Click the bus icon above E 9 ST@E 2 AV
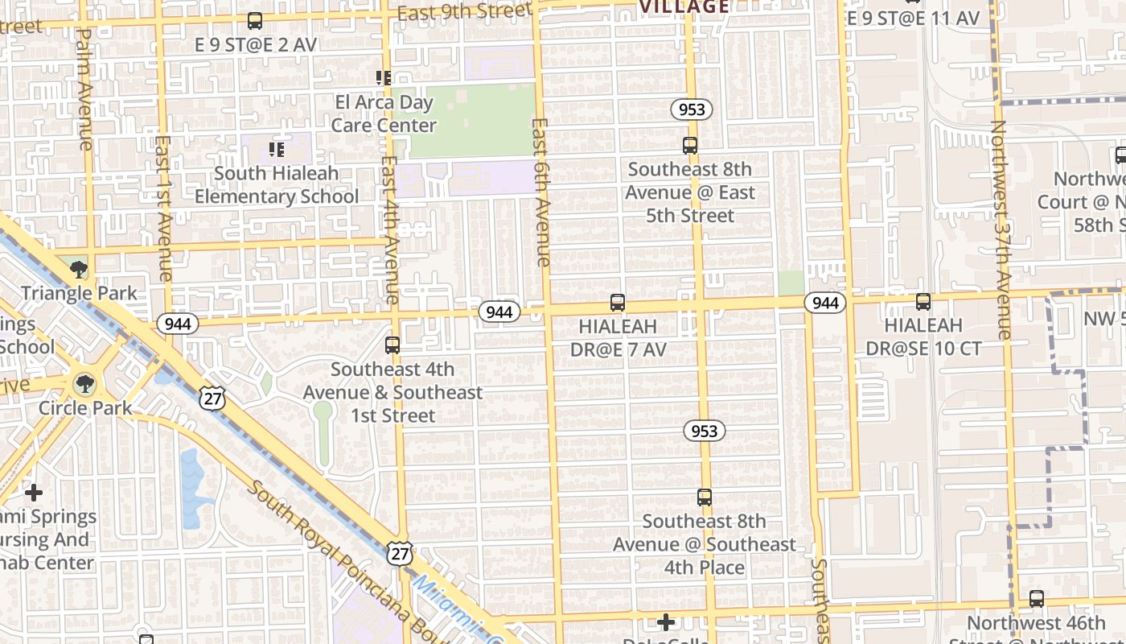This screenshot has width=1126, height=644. (x=255, y=21)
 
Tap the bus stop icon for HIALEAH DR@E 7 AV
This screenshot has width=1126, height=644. (x=617, y=303)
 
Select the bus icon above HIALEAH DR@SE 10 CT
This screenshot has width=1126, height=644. (x=923, y=302)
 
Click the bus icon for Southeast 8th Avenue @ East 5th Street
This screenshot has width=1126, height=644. (x=690, y=146)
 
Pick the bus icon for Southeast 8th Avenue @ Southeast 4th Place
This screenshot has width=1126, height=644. (x=705, y=497)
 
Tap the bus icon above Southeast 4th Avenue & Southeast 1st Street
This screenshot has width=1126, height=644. (x=392, y=345)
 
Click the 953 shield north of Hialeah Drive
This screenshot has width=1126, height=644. (x=692, y=109)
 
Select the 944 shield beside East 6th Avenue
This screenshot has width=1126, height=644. (x=499, y=312)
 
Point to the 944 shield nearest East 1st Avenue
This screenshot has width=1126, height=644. (x=177, y=324)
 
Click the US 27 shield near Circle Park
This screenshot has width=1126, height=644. (x=215, y=398)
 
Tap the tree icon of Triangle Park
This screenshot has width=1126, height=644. (x=79, y=269)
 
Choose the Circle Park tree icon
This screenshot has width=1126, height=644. (x=84, y=384)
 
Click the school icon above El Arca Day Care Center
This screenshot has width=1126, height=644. (x=384, y=78)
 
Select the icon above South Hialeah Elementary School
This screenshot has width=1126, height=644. (x=277, y=149)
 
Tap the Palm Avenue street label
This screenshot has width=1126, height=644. (x=84, y=89)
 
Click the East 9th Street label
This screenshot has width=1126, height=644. (x=464, y=11)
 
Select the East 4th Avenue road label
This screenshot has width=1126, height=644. (x=390, y=229)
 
